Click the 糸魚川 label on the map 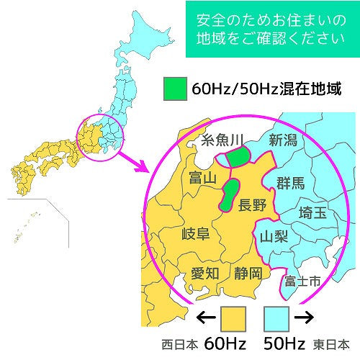coord(223,140)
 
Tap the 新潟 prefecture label coord(283,140)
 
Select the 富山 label coord(202,177)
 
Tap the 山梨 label coord(274,235)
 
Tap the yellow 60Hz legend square coord(234,317)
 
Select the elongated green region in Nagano coord(231,194)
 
